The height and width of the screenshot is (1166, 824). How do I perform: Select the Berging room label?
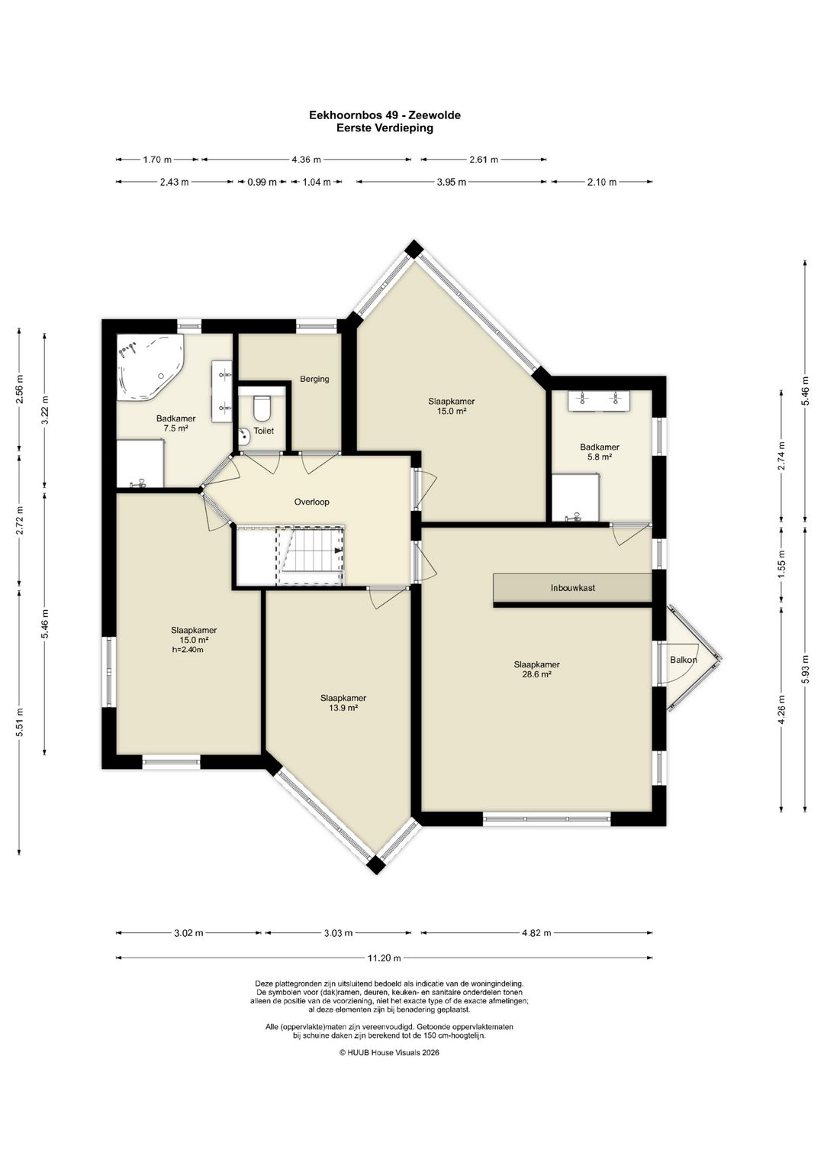pos(314,379)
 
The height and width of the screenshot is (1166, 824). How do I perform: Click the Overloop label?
pos(311,502)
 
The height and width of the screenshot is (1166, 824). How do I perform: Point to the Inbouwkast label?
pos(573,588)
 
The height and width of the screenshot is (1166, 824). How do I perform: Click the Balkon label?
pos(683,660)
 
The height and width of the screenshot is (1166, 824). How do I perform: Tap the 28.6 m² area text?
pos(537,674)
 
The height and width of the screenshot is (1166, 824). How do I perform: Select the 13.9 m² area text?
pos(343,708)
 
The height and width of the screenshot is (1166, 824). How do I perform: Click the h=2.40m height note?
pos(188,650)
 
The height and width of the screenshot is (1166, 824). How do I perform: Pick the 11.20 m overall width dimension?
pos(384,958)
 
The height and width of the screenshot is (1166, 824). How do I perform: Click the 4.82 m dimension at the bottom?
pos(536,933)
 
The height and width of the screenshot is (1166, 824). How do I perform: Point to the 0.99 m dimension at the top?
pos(262,182)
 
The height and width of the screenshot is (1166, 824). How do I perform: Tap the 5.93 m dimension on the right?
pos(805,667)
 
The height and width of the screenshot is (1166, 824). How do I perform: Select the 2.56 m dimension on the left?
pos(19,389)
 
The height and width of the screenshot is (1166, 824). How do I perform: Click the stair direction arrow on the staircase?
pos(339,550)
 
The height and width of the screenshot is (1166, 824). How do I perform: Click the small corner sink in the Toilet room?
pos(244,438)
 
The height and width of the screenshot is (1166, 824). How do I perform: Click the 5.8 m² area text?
pos(599,457)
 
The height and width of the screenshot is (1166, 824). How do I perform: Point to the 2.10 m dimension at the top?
pos(601,182)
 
